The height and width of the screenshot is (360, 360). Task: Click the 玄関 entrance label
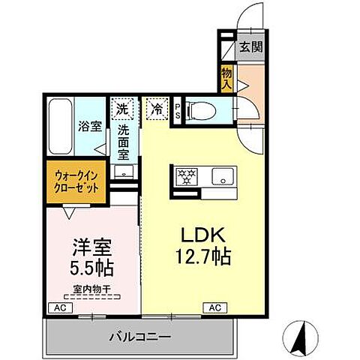coord(250,46)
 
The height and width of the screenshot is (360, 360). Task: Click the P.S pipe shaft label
coord(177,110)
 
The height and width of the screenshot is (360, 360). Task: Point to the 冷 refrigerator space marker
coord(156,108)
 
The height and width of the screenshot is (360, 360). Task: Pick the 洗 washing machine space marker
coord(122,108)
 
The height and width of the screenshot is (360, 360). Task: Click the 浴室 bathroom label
coord(90,126)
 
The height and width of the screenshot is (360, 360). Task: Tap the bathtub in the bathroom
coord(60,127)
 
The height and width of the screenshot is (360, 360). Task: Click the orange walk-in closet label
coord(76,182)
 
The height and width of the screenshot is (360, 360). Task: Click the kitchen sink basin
coord(222,177)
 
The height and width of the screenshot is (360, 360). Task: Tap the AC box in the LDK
coord(214,307)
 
